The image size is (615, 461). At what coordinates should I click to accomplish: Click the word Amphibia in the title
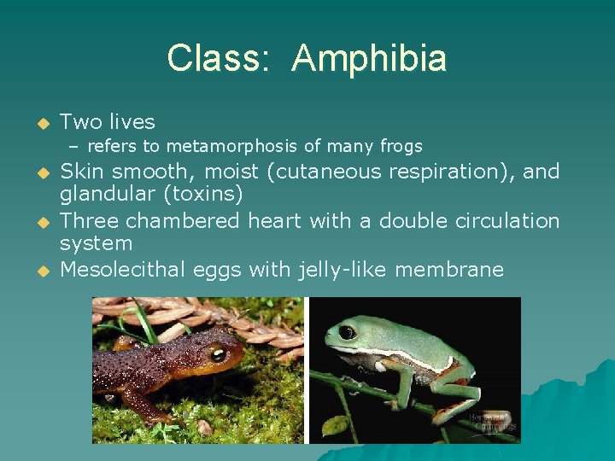pos(368,59)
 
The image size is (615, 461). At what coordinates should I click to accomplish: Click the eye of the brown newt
pos(217,353)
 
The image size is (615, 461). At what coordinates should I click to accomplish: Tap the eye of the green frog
pos(347,331)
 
